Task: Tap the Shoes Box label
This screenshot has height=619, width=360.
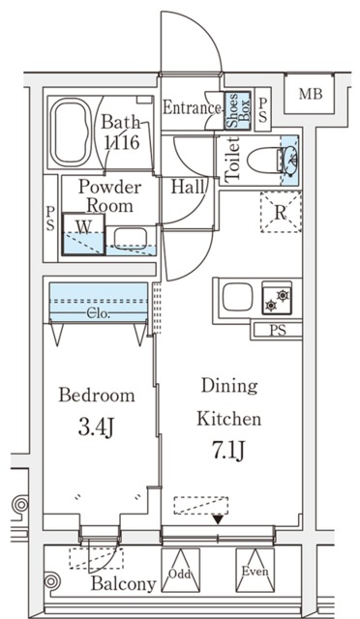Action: coord(237,110)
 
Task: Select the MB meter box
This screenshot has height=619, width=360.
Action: coord(311,94)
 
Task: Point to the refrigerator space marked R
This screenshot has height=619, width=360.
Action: coord(281,213)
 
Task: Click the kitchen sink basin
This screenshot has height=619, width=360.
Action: coord(237,297)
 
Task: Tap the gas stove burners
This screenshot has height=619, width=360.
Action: coord(277,300)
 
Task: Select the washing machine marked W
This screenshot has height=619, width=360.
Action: coord(84,234)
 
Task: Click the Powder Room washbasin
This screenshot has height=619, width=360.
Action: coord(131,238)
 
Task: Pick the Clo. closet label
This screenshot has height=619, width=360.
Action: coord(99,314)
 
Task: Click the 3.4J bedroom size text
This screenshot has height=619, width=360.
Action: coord(96,428)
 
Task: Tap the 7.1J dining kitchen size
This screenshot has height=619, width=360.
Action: coord(229,451)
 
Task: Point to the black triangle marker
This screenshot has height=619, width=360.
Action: coord(218,520)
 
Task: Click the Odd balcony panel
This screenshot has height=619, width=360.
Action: coord(180,570)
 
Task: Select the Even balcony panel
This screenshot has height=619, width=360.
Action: coord(255,570)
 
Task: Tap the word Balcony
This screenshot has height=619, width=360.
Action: coord(124,584)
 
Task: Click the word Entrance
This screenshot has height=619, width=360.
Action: coord(192,107)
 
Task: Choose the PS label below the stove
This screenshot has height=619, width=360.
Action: coord(278,331)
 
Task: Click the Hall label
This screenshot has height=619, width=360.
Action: coord(188,187)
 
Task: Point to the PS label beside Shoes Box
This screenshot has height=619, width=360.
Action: coord(263,110)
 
